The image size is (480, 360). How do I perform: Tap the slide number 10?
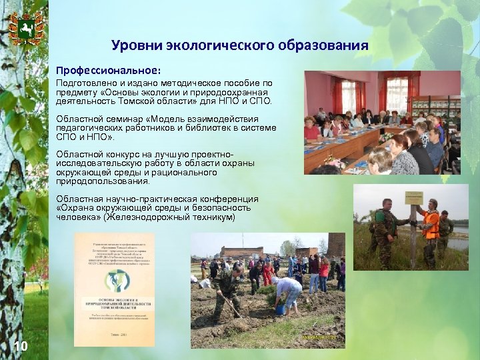tap(21, 345)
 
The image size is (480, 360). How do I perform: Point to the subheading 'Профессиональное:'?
tap(108, 69)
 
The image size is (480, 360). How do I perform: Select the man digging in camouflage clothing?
tap(227, 289)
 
